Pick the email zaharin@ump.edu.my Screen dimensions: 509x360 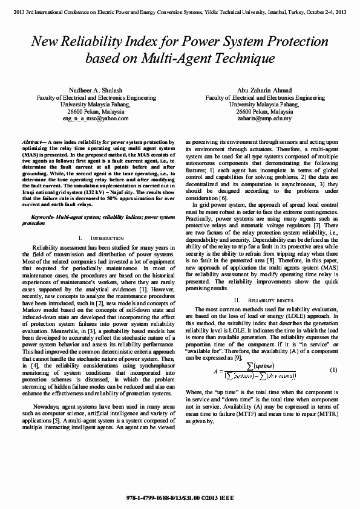coord(265,118)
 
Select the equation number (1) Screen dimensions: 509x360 coord(333,369)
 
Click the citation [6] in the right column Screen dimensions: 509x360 coord(223,198)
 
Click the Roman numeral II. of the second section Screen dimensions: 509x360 coord(237,300)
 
